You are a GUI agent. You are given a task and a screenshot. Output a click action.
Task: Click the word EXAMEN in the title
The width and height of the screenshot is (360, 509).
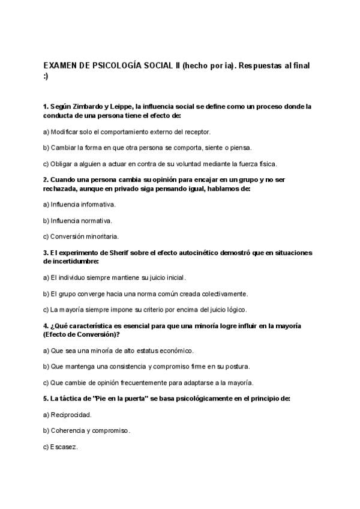59,65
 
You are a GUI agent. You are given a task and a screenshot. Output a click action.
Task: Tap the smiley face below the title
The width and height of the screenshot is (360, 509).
46,76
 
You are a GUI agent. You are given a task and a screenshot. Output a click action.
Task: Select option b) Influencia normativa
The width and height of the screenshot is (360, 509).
78,220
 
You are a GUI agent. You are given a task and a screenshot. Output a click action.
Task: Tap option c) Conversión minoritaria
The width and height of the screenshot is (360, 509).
81,236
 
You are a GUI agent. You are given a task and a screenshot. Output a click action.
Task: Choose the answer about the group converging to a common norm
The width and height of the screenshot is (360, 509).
146,294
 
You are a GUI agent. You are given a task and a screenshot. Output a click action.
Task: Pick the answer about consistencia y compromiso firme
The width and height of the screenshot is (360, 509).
146,366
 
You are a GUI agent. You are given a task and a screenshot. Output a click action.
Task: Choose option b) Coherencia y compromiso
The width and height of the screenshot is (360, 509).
87,431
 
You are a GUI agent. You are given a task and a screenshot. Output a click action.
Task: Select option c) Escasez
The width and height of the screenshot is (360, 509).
61,447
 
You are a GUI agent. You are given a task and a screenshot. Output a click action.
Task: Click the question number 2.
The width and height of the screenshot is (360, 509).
46,179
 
